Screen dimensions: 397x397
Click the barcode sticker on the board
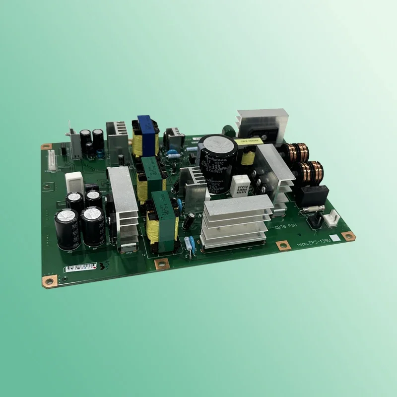80,267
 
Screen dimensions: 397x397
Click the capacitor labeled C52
67,228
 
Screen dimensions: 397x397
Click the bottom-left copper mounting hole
49,281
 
